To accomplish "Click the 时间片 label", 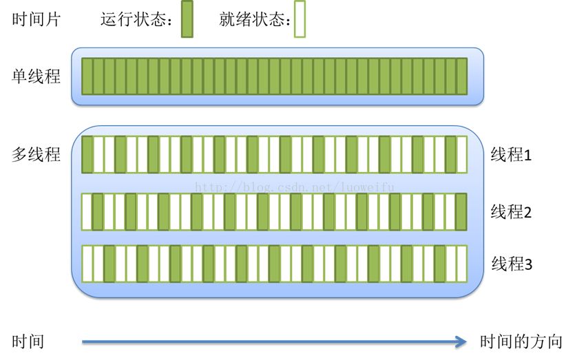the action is (36, 19).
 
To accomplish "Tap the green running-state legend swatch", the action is (187, 19).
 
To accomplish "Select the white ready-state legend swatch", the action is (300, 19).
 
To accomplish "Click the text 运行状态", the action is (134, 19).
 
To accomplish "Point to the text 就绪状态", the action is (252, 19).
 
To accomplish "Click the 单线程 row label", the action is (36, 76).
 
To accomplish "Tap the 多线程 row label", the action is (36, 154).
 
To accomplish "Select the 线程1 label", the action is (511, 155).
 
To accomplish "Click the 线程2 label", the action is (511, 212).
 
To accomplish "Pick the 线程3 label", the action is (512, 264).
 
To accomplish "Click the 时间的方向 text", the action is (521, 341).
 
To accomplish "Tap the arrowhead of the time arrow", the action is (461, 342).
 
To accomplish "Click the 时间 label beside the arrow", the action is (28, 341).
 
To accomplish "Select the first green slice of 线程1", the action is (87, 154).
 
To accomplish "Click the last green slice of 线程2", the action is (461, 212).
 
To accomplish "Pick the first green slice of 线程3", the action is (109, 264).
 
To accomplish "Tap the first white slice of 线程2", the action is (87, 212).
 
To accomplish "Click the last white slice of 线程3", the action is (461, 264).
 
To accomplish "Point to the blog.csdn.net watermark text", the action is (295, 187).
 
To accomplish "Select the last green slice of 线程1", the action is (450, 154).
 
